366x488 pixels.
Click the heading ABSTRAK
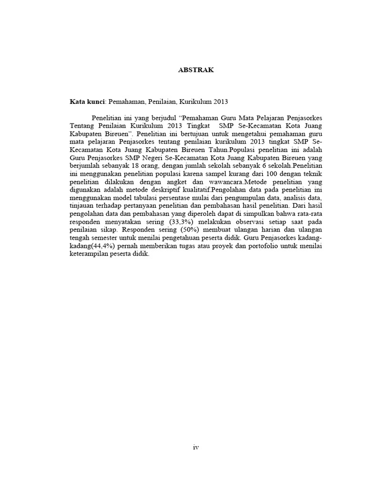(196, 70)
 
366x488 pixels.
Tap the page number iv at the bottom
(195, 447)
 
